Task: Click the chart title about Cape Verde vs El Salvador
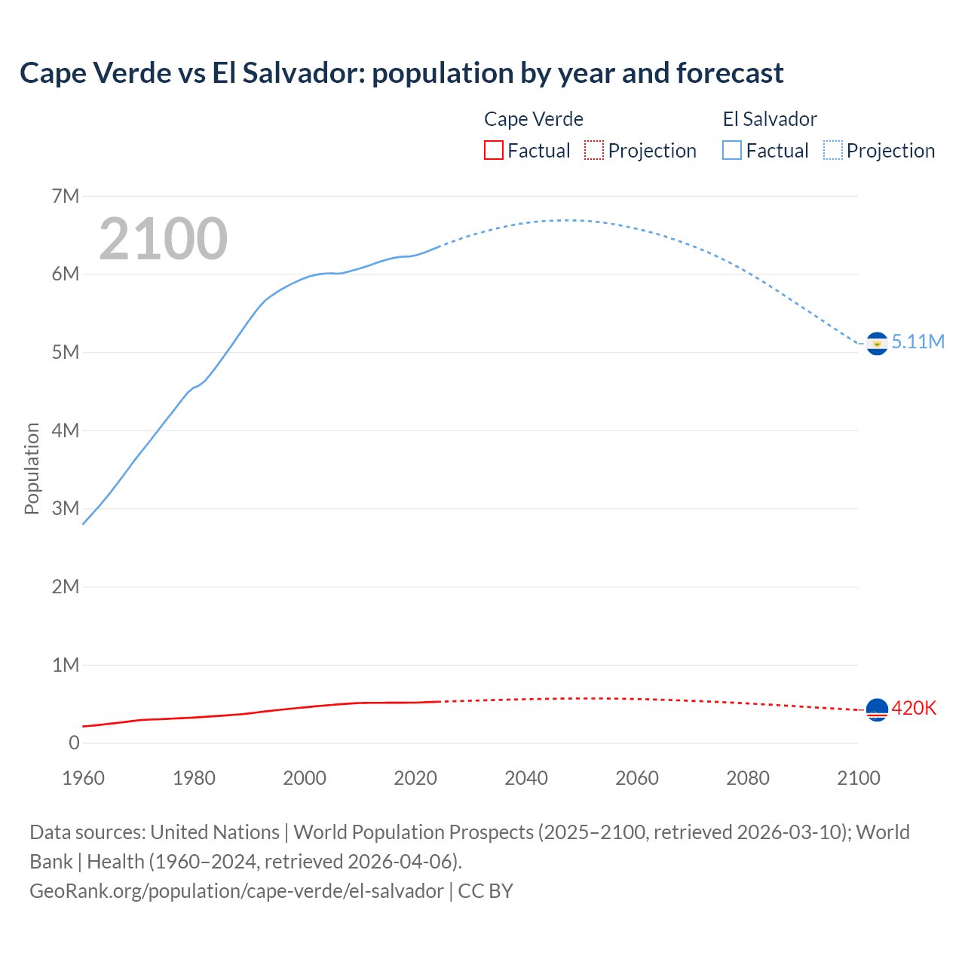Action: tap(401, 73)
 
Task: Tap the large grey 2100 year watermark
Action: tap(163, 239)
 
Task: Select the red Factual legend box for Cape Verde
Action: tap(493, 151)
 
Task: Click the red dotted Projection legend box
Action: tap(594, 151)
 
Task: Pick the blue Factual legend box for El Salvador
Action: tap(732, 151)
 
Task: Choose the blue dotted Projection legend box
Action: tap(832, 151)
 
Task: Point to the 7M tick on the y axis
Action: tap(66, 197)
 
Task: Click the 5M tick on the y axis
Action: tap(66, 353)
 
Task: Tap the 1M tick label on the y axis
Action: tap(66, 665)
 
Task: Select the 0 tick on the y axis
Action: tap(74, 743)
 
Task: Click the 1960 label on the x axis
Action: tap(83, 778)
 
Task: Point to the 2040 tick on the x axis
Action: tap(526, 778)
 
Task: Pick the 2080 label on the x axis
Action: tap(748, 778)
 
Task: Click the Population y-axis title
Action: tap(32, 468)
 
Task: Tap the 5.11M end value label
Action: tap(918, 342)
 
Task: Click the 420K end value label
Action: tap(914, 709)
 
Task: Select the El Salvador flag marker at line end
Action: tap(877, 344)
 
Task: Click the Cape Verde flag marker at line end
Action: tap(877, 709)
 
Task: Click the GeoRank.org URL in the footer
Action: tap(237, 891)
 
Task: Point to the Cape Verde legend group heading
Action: tap(534, 119)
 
